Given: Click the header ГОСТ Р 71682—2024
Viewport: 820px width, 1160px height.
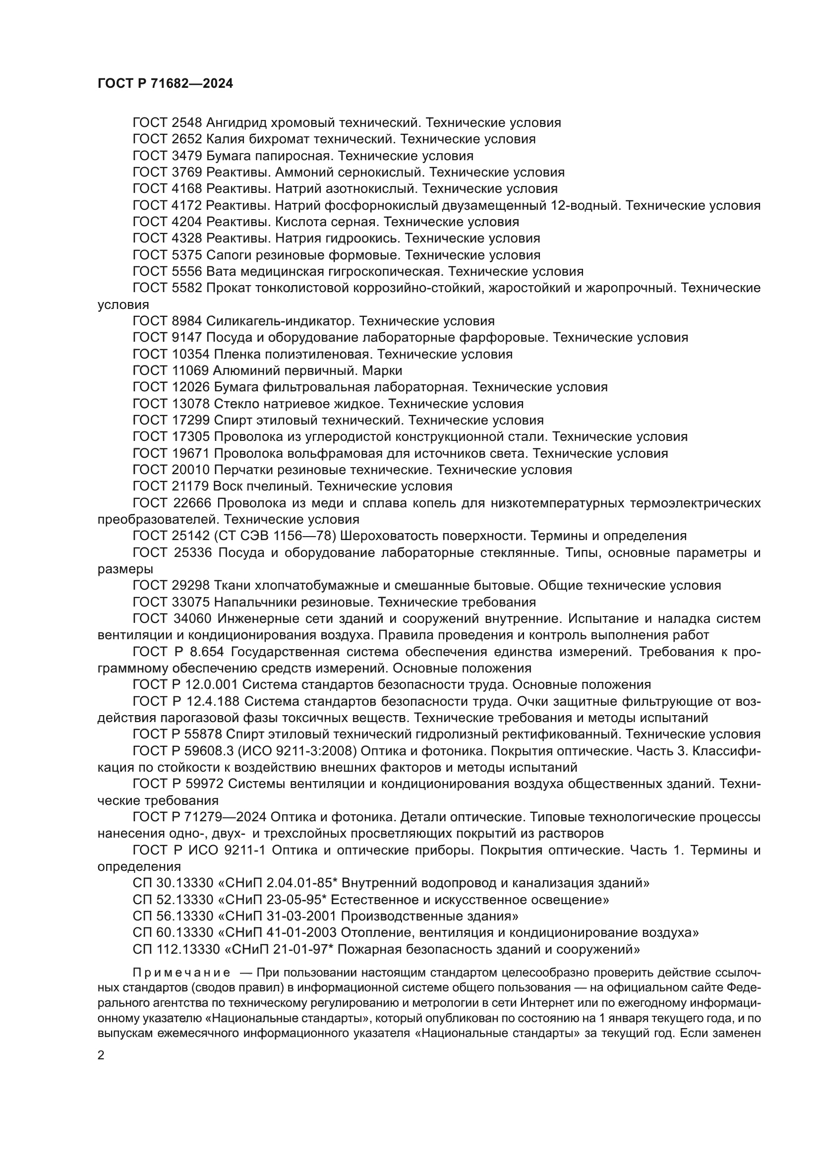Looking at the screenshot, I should pos(165,84).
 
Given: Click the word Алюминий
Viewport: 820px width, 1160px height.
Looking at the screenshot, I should pos(245,370).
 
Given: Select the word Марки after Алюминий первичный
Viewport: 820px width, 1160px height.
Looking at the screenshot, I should pos(382,370).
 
